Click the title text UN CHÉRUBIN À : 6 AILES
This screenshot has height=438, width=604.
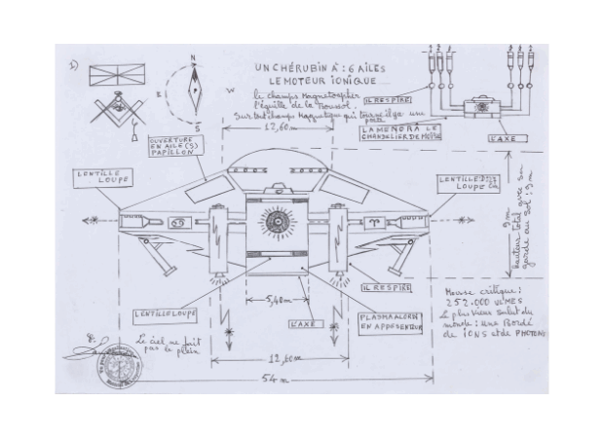310,68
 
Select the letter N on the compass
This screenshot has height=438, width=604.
194,58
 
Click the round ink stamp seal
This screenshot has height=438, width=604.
115,367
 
